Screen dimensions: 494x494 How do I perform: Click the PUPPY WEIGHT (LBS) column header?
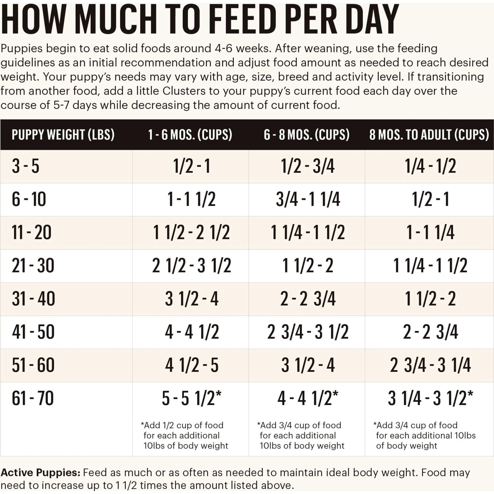pyautogui.click(x=63, y=135)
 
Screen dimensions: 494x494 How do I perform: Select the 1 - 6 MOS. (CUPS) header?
pyautogui.click(x=190, y=135)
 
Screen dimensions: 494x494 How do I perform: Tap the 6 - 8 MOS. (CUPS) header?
pyautogui.click(x=307, y=135)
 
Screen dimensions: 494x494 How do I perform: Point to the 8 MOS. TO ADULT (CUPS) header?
pyautogui.click(x=429, y=135)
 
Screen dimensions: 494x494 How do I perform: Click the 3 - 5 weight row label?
pyautogui.click(x=26, y=166)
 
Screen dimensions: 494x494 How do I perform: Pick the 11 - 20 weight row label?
pyautogui.click(x=32, y=233)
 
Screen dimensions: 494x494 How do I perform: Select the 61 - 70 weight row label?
pyautogui.click(x=33, y=398)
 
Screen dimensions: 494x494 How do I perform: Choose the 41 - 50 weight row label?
pyautogui.click(x=33, y=332)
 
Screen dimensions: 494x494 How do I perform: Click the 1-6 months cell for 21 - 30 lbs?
pyautogui.click(x=192, y=266)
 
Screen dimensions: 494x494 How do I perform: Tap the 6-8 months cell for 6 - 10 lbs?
pyautogui.click(x=308, y=200)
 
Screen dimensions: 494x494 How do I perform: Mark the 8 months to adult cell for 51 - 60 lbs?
pyautogui.click(x=430, y=365)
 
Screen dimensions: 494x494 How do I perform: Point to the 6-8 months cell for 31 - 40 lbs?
pyautogui.click(x=308, y=299)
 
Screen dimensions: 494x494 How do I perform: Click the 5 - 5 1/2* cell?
pyautogui.click(x=192, y=398)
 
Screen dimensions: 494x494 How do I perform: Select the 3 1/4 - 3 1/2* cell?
pyautogui.click(x=430, y=398)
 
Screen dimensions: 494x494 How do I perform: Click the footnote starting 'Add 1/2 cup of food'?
pyautogui.click(x=184, y=435)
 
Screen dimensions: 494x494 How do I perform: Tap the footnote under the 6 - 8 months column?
pyautogui.click(x=301, y=435)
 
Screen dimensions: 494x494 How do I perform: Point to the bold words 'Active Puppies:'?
pyautogui.click(x=41, y=473)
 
